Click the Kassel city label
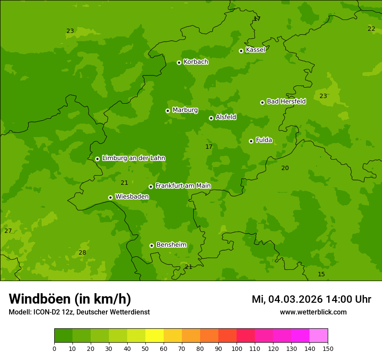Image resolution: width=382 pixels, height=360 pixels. (255, 50)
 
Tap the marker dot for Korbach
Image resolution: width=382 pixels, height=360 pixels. (179, 62)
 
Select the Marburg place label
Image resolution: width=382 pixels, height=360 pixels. (185, 110)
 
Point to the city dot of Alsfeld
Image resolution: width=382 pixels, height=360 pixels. (211, 118)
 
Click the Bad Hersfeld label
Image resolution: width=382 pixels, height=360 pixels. (286, 101)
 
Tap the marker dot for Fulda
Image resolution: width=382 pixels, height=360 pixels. (251, 141)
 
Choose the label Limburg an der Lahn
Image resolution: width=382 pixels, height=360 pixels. (133, 158)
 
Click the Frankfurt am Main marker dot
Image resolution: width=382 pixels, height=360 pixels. (151, 187)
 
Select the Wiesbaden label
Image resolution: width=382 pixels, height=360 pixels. (132, 196)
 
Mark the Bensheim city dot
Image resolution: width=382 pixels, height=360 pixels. (151, 245)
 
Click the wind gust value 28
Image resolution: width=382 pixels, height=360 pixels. (82, 253)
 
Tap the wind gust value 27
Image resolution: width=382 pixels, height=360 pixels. (8, 231)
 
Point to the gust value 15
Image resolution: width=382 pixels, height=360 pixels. (321, 275)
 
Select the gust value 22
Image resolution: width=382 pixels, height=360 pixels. (371, 29)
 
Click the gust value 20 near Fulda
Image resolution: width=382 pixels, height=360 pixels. (285, 168)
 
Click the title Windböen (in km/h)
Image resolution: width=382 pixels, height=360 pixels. (70, 299)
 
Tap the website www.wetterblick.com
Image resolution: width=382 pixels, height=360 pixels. (313, 312)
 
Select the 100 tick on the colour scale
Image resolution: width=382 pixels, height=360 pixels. (237, 348)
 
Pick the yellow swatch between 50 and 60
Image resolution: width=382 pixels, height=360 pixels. (155, 336)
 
